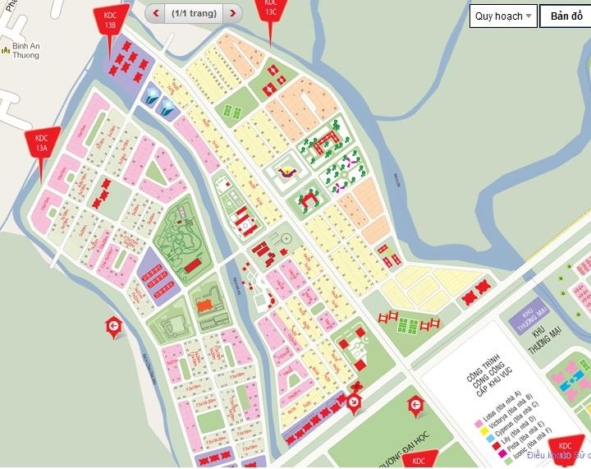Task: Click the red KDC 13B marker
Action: (109, 21)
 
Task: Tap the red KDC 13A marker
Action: (41, 142)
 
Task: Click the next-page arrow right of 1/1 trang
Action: (234, 13)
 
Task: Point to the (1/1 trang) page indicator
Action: (194, 13)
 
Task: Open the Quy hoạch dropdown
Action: (503, 16)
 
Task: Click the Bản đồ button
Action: (566, 16)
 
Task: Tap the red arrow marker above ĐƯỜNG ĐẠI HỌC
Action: (416, 404)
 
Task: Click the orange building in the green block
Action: (205, 304)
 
